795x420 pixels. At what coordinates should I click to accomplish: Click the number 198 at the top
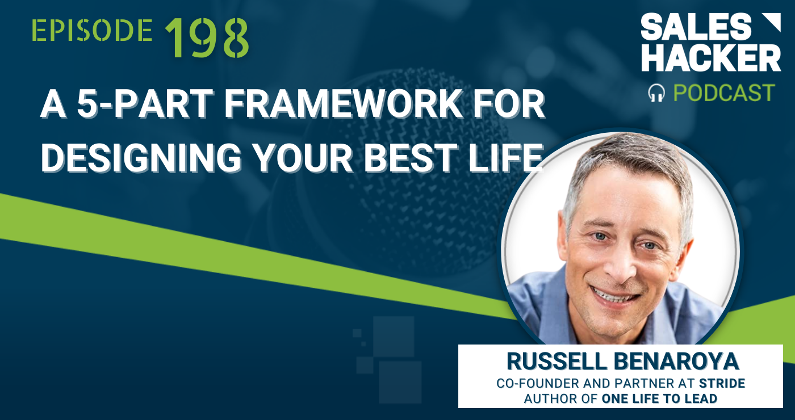click(x=207, y=38)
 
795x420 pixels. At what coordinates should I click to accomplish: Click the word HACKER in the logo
click(x=711, y=58)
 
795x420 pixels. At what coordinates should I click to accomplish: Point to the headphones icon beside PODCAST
click(x=656, y=93)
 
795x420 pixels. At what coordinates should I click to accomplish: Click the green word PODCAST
click(x=724, y=93)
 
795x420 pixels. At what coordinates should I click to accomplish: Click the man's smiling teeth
click(x=614, y=295)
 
